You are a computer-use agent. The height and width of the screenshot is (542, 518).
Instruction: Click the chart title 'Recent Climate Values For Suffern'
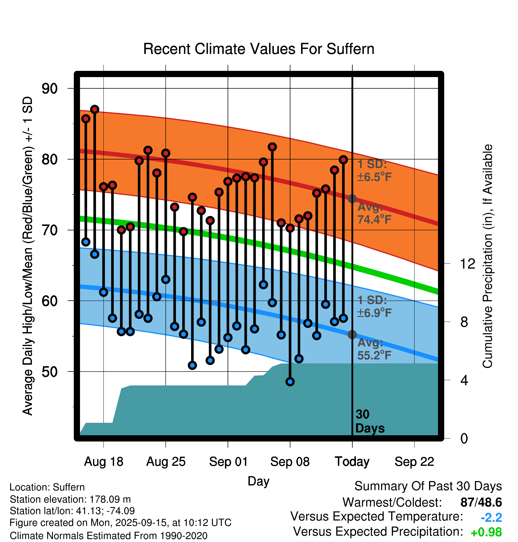(x=258, y=49)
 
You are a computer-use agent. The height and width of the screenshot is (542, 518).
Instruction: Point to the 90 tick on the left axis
(x=49, y=89)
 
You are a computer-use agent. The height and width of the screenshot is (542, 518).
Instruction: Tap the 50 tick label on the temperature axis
(x=49, y=372)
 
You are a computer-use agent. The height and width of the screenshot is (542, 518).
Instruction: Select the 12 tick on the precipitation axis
(x=467, y=264)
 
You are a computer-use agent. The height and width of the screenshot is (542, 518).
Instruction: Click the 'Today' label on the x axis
(x=352, y=462)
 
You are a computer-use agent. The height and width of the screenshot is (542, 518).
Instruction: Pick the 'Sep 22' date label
(x=414, y=462)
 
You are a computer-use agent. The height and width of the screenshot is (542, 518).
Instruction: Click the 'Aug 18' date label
(x=103, y=462)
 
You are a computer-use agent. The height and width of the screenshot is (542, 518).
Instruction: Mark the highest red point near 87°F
(x=95, y=109)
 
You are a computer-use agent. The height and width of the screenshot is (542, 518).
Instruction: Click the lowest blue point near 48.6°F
(x=290, y=382)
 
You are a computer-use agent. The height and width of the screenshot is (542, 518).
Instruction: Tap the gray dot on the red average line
(x=352, y=199)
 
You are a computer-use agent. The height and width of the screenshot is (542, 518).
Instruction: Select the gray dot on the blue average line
(x=352, y=334)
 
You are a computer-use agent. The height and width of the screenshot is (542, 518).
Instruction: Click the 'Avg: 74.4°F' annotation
(x=374, y=213)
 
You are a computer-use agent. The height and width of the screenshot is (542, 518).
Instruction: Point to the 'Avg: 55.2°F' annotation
(x=374, y=349)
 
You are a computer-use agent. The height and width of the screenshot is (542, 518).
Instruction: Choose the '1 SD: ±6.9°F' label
(x=374, y=307)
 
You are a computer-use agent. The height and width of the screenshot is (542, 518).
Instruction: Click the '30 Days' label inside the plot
(x=370, y=421)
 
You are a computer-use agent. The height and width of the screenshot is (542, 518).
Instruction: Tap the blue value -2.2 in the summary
(x=491, y=518)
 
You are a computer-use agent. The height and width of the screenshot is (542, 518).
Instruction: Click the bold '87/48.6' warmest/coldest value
(x=481, y=503)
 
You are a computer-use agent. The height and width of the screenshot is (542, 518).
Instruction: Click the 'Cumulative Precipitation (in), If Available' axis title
(x=487, y=256)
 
